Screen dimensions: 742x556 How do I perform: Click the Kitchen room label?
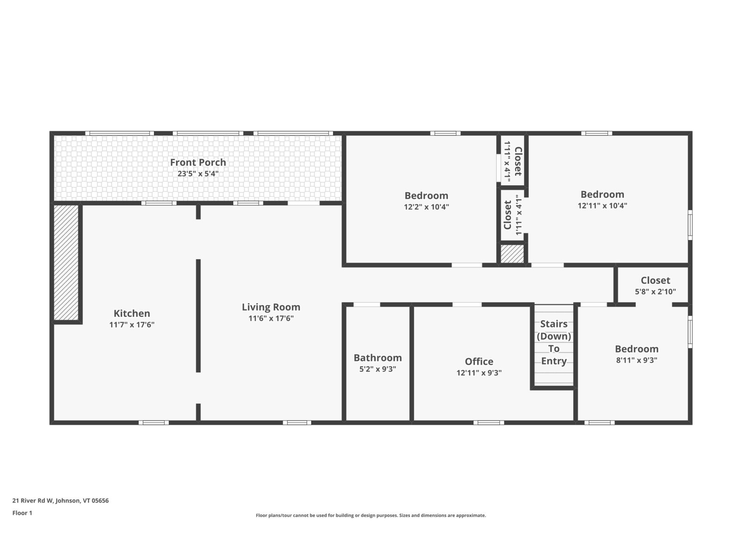[132, 313]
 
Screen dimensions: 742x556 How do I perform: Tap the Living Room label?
[271, 307]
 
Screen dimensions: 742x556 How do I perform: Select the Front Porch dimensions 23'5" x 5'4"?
[198, 174]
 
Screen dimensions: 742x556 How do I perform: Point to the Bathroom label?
[377, 358]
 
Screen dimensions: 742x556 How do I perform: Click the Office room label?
[479, 361]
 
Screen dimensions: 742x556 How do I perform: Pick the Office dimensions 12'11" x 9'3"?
[479, 373]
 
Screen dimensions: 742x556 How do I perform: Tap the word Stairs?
[553, 324]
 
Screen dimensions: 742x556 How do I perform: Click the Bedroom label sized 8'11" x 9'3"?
[636, 349]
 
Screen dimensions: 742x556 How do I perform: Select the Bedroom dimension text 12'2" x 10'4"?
[426, 207]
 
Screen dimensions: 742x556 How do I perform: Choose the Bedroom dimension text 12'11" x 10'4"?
[602, 206]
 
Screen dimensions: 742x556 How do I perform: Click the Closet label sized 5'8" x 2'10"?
[655, 280]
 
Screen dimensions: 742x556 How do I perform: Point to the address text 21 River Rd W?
[33, 501]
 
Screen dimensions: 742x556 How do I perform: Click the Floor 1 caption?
[22, 513]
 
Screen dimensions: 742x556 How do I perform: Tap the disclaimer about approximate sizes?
[371, 515]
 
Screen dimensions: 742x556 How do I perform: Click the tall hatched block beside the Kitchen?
[66, 263]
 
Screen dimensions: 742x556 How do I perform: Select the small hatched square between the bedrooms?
[512, 254]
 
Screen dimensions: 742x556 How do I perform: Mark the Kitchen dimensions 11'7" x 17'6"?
[132, 325]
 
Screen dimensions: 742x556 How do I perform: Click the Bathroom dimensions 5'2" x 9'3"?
[377, 369]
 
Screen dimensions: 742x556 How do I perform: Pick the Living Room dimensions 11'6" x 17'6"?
[271, 318]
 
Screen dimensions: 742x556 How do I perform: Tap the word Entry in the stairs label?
[553, 361]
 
